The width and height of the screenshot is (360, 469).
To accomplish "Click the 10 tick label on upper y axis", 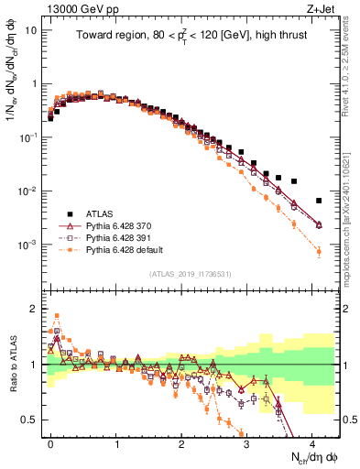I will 30,29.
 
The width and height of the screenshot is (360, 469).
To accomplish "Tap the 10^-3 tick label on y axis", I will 27,245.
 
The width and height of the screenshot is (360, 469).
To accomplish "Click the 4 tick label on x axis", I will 312,442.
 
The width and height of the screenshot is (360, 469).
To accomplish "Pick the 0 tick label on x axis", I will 51,442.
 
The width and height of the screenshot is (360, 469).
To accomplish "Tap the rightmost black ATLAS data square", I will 319,201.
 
